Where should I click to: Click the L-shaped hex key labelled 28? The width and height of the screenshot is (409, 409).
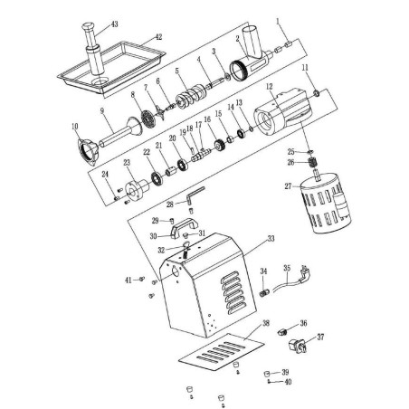(195, 195)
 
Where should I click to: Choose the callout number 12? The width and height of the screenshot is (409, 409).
(269, 86)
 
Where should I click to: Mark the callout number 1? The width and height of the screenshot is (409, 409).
(279, 19)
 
